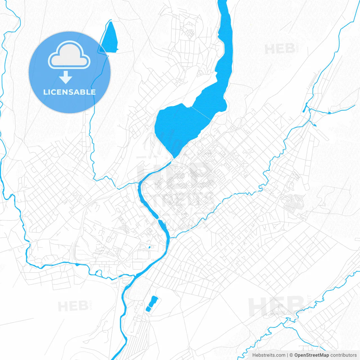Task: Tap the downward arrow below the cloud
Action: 66,77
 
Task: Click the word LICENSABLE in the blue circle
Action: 69,92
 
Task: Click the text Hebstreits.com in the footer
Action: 269,355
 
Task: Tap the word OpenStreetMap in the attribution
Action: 311,355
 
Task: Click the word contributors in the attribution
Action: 343,355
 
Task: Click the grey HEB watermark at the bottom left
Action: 73,306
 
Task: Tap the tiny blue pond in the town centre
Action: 149,247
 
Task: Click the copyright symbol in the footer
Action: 291,355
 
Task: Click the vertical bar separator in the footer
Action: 287,355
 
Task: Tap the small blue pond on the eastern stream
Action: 329,112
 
